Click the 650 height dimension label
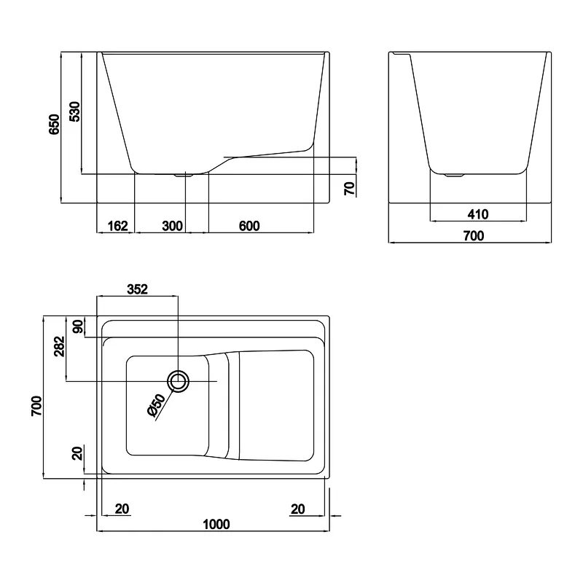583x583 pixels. point(54,124)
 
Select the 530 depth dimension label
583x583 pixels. point(75,111)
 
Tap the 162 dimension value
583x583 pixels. point(117,226)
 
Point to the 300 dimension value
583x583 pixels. point(173,226)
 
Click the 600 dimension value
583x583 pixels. point(249,226)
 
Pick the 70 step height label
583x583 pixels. point(350,189)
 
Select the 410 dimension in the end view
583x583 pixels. point(478,214)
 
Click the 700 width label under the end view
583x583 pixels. point(473,235)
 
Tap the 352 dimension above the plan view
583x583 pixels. point(137,289)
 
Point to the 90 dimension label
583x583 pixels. point(78,326)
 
